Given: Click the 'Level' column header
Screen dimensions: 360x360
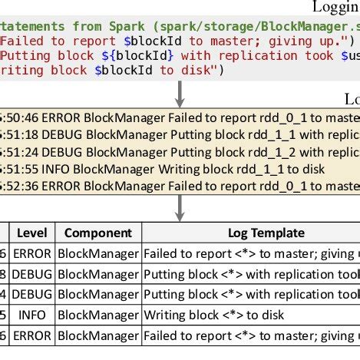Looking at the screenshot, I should [x=32, y=233].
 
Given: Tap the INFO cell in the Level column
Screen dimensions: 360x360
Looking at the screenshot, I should [x=32, y=315].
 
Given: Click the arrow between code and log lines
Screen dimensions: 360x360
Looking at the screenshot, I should [x=180, y=91].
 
